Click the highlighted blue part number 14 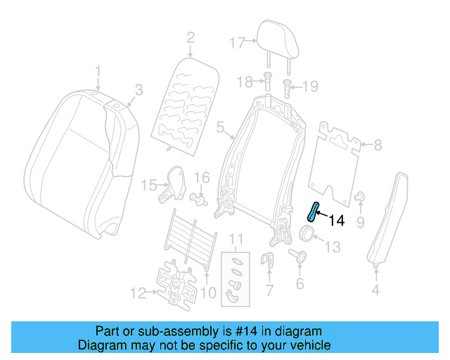tap(312, 211)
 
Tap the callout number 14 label tap(337, 221)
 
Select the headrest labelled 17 tap(275, 37)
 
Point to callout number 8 tap(378, 146)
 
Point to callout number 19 tap(310, 86)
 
